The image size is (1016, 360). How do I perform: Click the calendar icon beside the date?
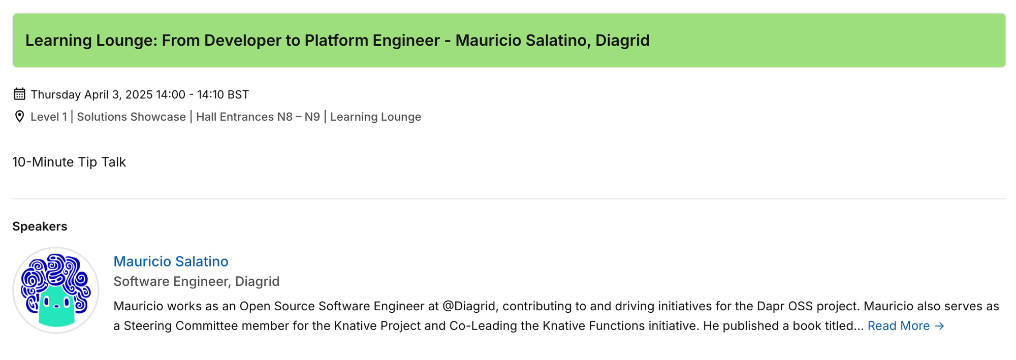[x=19, y=94]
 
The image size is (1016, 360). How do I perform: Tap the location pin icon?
[x=19, y=117]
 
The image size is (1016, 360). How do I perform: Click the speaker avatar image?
[x=56, y=290]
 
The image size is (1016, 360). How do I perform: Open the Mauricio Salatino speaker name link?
[x=171, y=261]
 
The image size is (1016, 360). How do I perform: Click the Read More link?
[x=906, y=326]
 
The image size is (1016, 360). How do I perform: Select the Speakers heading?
[x=40, y=226]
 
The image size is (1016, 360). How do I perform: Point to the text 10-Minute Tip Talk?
[x=69, y=162]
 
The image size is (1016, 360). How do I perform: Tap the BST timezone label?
[x=238, y=94]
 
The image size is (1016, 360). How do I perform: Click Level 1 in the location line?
[x=49, y=117]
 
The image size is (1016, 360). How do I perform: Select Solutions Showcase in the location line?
[x=131, y=117]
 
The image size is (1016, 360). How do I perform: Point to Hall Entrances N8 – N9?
[x=258, y=117]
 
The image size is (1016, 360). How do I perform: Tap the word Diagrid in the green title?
[x=622, y=40]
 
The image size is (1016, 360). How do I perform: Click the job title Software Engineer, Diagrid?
[x=197, y=281]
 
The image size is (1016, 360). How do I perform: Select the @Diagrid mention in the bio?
[x=469, y=306]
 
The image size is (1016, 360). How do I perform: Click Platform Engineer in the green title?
[x=372, y=40]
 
